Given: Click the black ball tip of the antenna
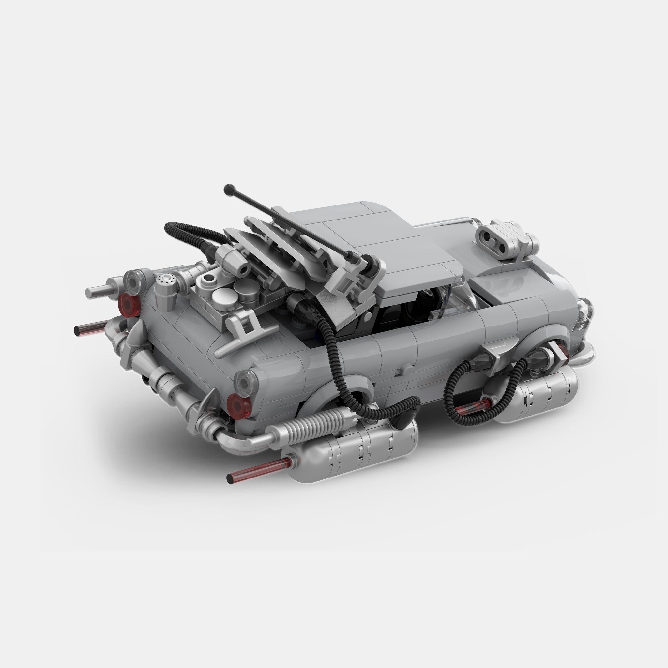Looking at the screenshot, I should point(228,189).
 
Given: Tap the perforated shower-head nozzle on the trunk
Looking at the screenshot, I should point(165,278).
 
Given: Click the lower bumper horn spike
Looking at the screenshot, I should point(209,401).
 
